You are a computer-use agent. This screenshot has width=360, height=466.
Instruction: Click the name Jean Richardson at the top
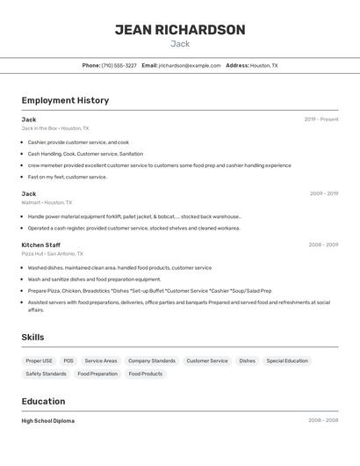coord(180,30)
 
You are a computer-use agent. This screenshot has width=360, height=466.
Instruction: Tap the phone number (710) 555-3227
coord(119,65)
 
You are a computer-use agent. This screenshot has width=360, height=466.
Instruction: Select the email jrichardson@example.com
coord(190,65)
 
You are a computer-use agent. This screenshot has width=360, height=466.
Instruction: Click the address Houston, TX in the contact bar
coord(263,65)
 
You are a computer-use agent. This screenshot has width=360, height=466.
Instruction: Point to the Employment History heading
coord(65,100)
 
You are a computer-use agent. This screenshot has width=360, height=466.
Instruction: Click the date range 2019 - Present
coord(320,120)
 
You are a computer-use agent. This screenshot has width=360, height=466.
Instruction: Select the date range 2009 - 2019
coord(323,193)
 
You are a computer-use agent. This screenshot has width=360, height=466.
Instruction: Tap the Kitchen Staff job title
coord(41,244)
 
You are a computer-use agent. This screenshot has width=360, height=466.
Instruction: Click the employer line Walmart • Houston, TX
coord(47,202)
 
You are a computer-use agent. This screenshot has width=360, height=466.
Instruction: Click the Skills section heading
coord(32,337)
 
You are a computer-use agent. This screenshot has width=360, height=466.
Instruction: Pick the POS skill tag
coord(68,360)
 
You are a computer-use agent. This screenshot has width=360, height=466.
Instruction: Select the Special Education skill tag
coord(287,360)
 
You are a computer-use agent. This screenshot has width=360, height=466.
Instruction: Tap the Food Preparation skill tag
coord(97,374)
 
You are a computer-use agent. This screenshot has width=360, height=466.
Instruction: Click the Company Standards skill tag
coord(151,360)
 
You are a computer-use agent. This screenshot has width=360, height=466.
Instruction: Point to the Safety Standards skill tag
coord(46,374)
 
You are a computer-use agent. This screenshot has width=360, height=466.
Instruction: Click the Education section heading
coord(43,401)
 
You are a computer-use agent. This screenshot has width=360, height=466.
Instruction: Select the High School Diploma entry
coord(48,421)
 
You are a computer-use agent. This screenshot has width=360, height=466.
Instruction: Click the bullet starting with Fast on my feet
coord(67,177)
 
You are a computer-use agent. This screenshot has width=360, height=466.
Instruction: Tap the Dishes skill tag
coord(247,360)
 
